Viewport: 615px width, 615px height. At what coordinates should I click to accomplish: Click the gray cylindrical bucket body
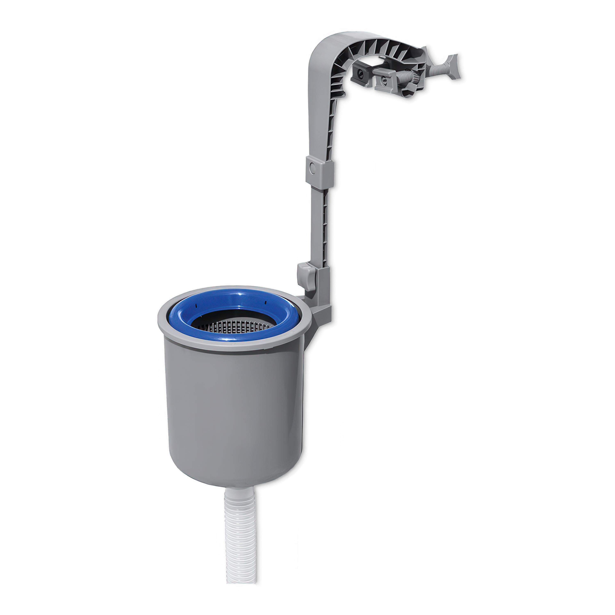coord(232,414)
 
